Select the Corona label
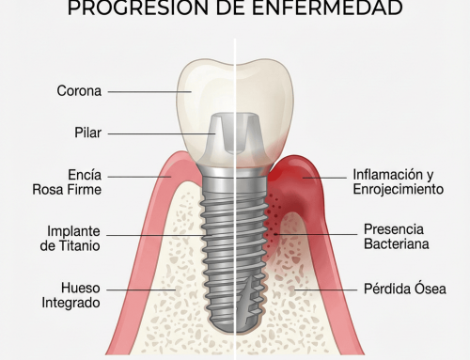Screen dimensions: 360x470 (x=79, y=92)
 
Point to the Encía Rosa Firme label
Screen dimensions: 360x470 (x=78, y=182)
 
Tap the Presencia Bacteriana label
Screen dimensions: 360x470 (x=394, y=237)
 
